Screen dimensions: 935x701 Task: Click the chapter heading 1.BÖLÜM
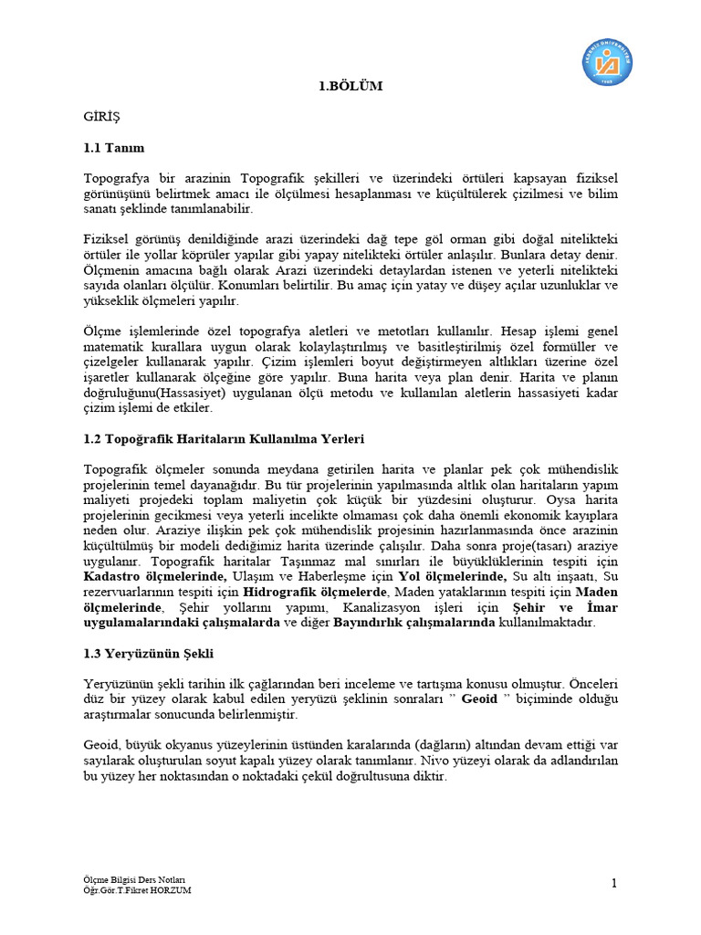pos(350,87)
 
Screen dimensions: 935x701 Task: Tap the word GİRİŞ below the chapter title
pos(101,117)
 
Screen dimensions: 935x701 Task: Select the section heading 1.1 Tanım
pos(113,147)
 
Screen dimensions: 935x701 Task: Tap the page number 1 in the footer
pos(615,882)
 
